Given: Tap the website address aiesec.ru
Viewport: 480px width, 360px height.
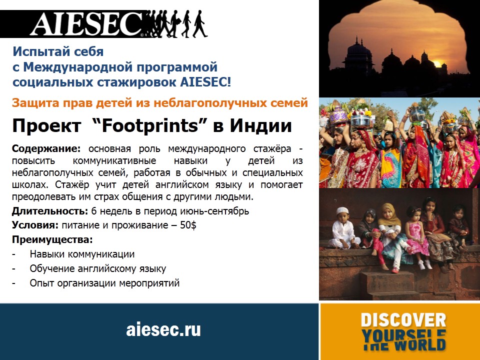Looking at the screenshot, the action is pyautogui.click(x=163, y=329).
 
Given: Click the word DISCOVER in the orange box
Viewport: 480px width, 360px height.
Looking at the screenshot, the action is pyautogui.click(x=403, y=320).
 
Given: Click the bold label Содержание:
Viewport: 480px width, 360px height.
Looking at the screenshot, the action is pyautogui.click(x=46, y=149).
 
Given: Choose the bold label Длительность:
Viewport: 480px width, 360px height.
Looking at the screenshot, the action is pyautogui.click(x=50, y=211).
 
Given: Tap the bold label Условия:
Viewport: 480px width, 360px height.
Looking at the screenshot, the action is pyautogui.click(x=35, y=225).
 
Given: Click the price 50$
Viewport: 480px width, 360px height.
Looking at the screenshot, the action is pyautogui.click(x=188, y=225).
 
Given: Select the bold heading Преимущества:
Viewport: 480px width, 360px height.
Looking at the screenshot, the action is pyautogui.click(x=52, y=239).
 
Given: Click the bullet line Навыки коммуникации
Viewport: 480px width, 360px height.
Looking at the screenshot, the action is pyautogui.click(x=82, y=254).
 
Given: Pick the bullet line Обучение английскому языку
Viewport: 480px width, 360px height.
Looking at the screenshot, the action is pyautogui.click(x=98, y=269).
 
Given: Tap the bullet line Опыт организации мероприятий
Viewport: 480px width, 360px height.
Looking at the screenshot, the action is pyautogui.click(x=104, y=283).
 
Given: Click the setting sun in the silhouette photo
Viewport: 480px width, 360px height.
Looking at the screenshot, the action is pyautogui.click(x=437, y=64).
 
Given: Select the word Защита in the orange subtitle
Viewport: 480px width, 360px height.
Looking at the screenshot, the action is pyautogui.click(x=35, y=103).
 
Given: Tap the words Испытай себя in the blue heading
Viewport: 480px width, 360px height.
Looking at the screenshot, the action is pyautogui.click(x=58, y=51).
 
